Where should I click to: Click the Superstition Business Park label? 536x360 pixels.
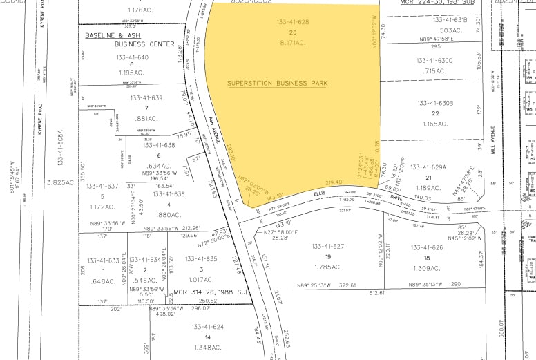coord(278,84)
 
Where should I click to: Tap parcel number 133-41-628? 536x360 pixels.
coord(293,23)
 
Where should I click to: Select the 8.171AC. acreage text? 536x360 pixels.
coord(292,42)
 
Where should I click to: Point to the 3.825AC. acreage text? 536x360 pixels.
coord(59,182)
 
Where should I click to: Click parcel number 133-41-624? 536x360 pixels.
coord(208,326)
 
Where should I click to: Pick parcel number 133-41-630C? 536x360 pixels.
coord(434,61)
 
